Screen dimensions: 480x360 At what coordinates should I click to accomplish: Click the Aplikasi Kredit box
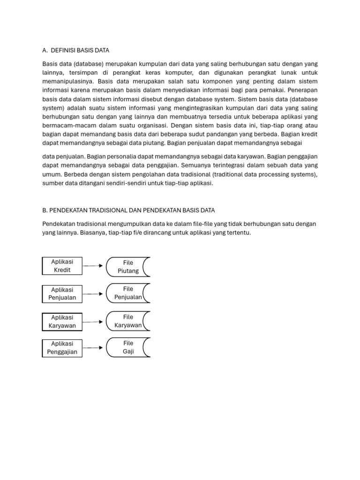pyautogui.click(x=62, y=266)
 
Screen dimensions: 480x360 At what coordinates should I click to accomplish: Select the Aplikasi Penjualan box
pyautogui.click(x=62, y=293)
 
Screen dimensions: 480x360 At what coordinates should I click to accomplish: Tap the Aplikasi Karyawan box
pyautogui.click(x=62, y=322)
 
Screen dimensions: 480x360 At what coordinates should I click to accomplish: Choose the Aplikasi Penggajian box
pyautogui.click(x=62, y=348)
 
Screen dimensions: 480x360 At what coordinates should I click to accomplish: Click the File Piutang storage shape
pyautogui.click(x=128, y=267)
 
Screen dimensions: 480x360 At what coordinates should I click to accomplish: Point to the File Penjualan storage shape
pyautogui.click(x=128, y=293)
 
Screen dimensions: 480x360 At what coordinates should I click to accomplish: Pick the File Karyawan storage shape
pyautogui.click(x=128, y=321)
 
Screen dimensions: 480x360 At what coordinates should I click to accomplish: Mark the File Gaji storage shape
pyautogui.click(x=128, y=347)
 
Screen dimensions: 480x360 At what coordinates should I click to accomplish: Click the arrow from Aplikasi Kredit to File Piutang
pyautogui.click(x=93, y=266)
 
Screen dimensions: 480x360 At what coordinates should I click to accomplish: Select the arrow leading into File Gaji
pyautogui.click(x=93, y=348)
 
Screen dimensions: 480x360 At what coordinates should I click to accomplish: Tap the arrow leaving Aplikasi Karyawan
pyautogui.click(x=93, y=322)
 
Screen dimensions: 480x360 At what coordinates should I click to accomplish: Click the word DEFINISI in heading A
pyautogui.click(x=67, y=50)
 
